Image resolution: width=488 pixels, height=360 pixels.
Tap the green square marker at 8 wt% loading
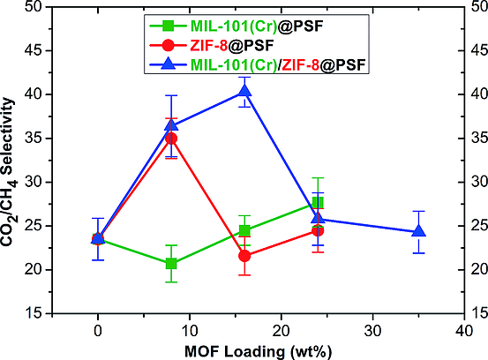point(171,264)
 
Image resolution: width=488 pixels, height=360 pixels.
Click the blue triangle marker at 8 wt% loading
point(171,125)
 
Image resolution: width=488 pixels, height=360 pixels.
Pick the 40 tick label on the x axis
point(463,329)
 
